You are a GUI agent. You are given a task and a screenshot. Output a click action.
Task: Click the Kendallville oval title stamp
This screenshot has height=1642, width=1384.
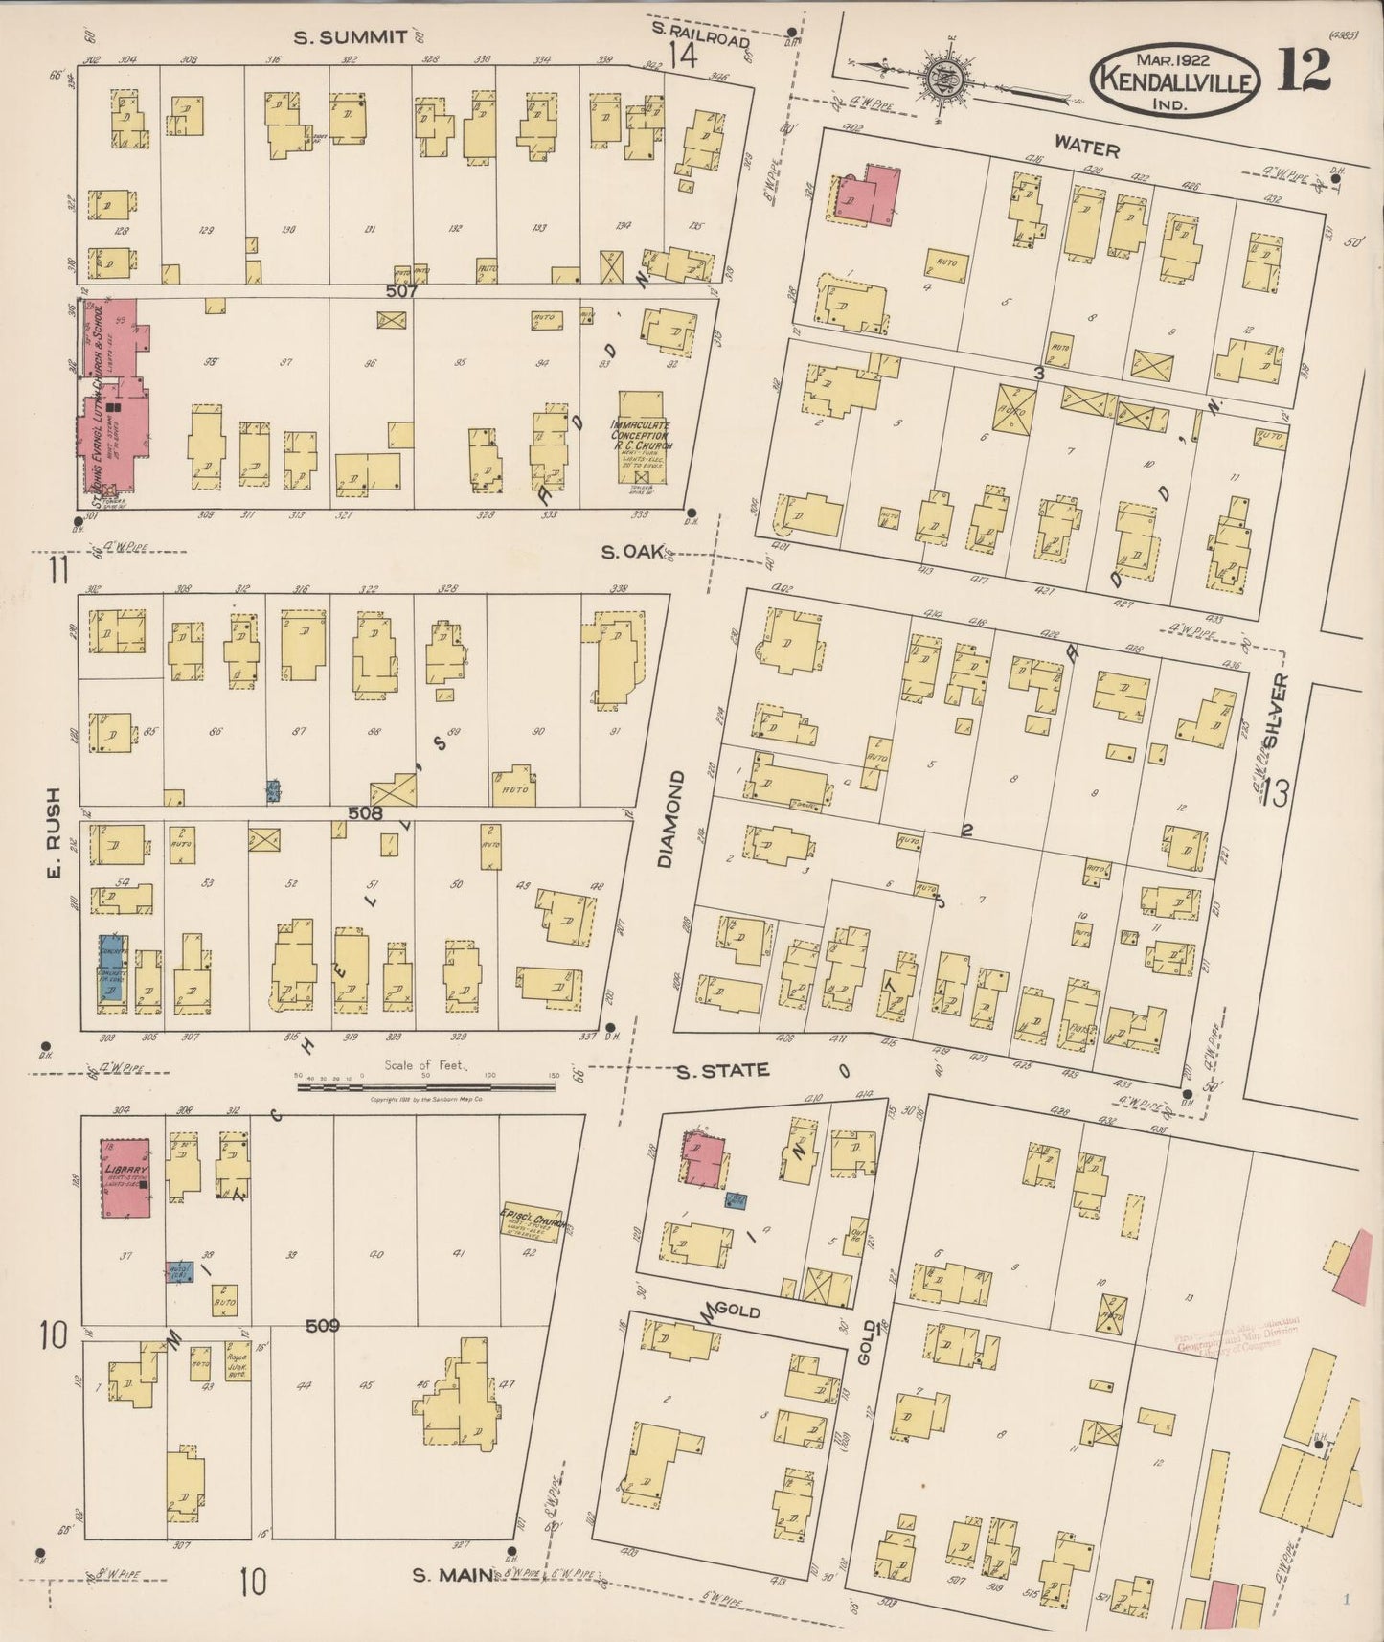pos(1171,83)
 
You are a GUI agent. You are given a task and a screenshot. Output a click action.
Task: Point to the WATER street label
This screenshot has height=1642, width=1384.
pos(1087,148)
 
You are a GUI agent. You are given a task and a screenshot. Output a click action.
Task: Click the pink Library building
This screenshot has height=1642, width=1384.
pos(127,1178)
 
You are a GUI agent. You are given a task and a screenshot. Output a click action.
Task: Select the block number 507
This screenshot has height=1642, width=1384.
pos(402,289)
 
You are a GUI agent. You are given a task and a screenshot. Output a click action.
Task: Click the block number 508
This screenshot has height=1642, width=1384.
pos(365,813)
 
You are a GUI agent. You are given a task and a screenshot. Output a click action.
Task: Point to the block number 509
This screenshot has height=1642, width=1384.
pos(323,1326)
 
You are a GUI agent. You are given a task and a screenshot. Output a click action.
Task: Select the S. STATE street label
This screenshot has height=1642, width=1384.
pos(722,1070)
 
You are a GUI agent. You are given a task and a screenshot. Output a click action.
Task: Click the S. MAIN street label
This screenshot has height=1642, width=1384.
pos(450,1574)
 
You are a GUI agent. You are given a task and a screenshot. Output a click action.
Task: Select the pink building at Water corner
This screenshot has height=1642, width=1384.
pos(869,193)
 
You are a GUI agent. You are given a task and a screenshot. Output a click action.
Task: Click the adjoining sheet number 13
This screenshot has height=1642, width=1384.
pos(1276,792)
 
